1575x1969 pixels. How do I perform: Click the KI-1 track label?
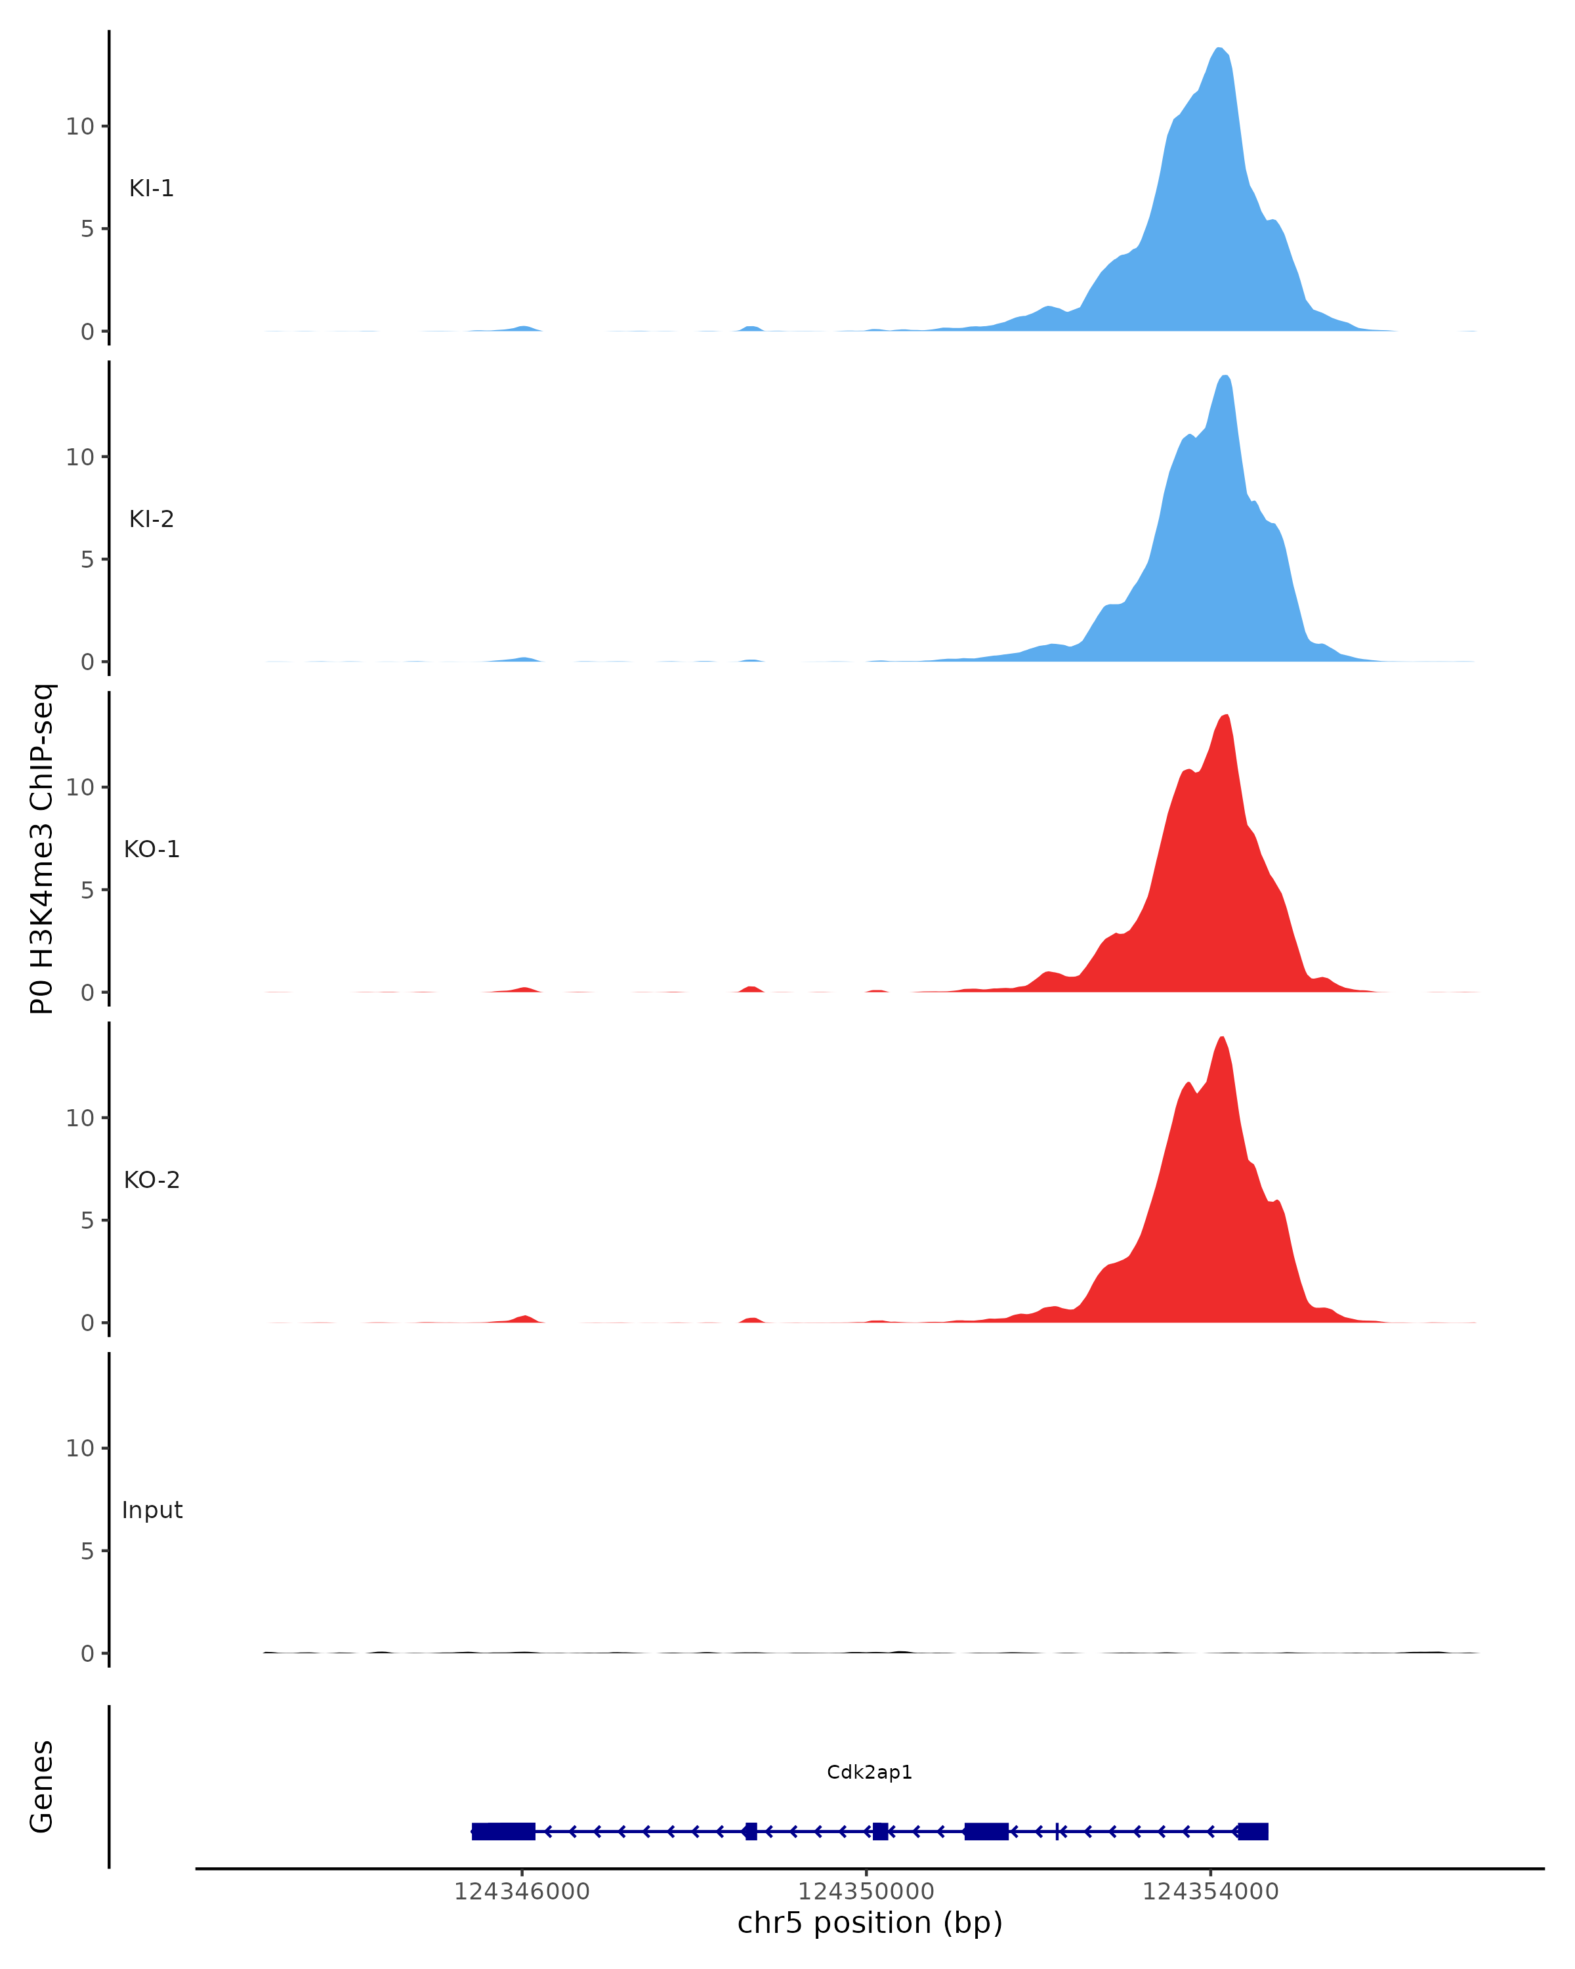[x=151, y=189]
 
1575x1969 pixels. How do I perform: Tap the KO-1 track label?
[x=152, y=849]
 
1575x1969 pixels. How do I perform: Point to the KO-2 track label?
[x=152, y=1180]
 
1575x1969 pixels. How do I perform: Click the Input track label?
[x=152, y=1510]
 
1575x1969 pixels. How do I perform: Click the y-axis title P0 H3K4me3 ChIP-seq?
[x=42, y=849]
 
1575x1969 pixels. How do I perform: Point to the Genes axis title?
[x=42, y=1787]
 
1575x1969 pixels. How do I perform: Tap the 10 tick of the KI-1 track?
[x=80, y=127]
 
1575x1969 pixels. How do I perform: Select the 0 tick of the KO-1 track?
[x=87, y=993]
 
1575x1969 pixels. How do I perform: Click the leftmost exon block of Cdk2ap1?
[x=503, y=1831]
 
